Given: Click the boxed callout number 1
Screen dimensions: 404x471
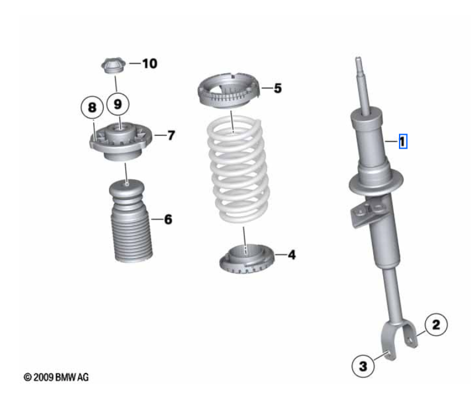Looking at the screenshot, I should pos(402,141).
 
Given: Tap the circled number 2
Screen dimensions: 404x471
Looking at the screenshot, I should pos(435,323).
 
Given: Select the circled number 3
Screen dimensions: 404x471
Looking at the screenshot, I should pos(363,367).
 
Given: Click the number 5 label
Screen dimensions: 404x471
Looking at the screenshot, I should pos(277,88).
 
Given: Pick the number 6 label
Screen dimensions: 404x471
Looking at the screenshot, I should pos(168,220).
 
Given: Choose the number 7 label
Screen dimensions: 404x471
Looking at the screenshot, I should pos(170,136).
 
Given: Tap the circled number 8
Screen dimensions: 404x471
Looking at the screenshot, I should pos(92,107).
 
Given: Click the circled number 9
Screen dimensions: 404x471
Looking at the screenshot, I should pos(117,105).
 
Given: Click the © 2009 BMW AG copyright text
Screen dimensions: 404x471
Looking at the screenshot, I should pos(56,378).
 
